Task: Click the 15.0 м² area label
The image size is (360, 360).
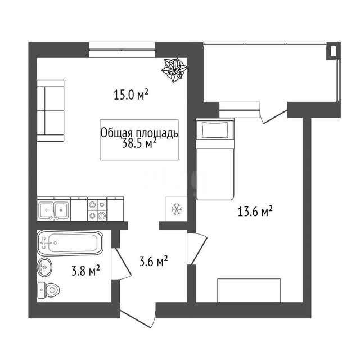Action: (x=131, y=94)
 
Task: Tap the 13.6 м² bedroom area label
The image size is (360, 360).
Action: (x=255, y=211)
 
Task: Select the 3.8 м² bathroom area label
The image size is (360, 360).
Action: (x=85, y=271)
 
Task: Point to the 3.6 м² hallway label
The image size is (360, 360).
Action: (x=154, y=261)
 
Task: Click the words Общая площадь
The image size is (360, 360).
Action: (x=139, y=133)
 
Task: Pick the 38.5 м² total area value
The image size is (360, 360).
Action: (x=139, y=143)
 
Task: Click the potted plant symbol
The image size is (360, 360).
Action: (x=174, y=70)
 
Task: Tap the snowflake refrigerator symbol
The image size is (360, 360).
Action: (x=177, y=209)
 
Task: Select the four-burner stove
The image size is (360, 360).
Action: (x=97, y=209)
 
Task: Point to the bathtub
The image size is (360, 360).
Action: (x=70, y=243)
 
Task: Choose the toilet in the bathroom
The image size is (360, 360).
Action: (x=48, y=290)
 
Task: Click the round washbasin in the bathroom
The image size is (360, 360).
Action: (x=44, y=267)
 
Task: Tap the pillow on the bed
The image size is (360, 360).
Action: (x=215, y=130)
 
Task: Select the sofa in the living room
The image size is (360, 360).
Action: (x=51, y=111)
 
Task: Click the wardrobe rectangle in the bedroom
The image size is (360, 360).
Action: (x=249, y=290)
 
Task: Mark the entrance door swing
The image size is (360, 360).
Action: (x=138, y=318)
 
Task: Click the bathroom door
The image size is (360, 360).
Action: (x=121, y=264)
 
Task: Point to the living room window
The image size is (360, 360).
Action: (x=122, y=49)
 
